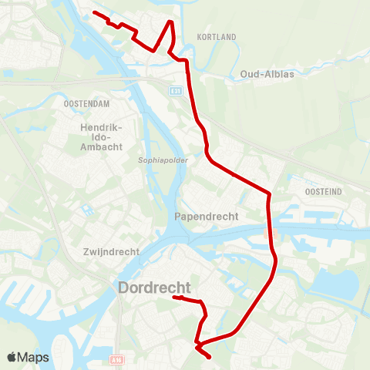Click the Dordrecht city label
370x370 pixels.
(x=154, y=288)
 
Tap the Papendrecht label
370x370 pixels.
(x=207, y=217)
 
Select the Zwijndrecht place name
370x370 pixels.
(x=111, y=252)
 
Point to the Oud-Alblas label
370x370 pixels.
(x=267, y=74)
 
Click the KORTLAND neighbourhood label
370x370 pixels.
(x=216, y=37)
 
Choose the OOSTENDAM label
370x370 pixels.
(x=84, y=104)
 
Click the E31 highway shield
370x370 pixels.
(x=176, y=90)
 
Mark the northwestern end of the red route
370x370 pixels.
(x=93, y=12)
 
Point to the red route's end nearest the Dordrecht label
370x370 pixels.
(x=174, y=297)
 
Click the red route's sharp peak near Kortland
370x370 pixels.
(x=171, y=22)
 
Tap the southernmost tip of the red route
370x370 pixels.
(x=210, y=357)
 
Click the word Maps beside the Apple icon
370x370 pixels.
(x=34, y=358)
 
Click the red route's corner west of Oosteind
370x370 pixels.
(x=268, y=193)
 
